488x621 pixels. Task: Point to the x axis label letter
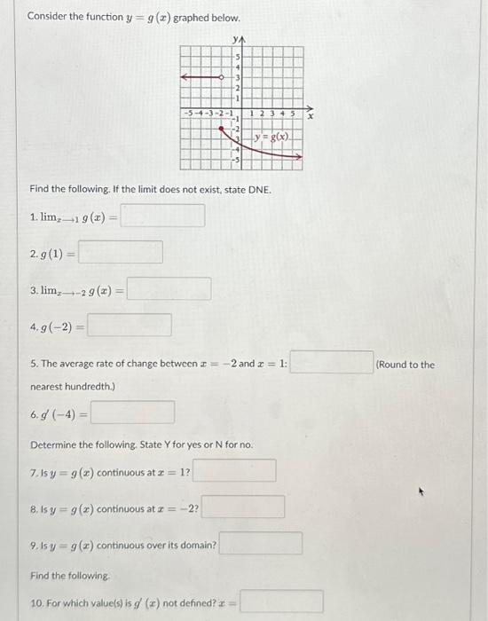point(310,115)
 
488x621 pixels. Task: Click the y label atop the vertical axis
point(235,40)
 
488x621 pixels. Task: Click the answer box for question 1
point(163,216)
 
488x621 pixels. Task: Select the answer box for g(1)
point(121,252)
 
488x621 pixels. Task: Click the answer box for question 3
point(169,288)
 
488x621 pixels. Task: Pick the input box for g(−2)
point(130,326)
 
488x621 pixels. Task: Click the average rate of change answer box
point(332,364)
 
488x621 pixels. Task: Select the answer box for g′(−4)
point(132,413)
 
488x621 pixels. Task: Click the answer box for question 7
point(234,469)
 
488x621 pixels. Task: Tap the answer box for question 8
point(243,507)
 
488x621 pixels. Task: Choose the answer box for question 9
point(261,544)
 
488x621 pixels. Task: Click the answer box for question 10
point(280,602)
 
